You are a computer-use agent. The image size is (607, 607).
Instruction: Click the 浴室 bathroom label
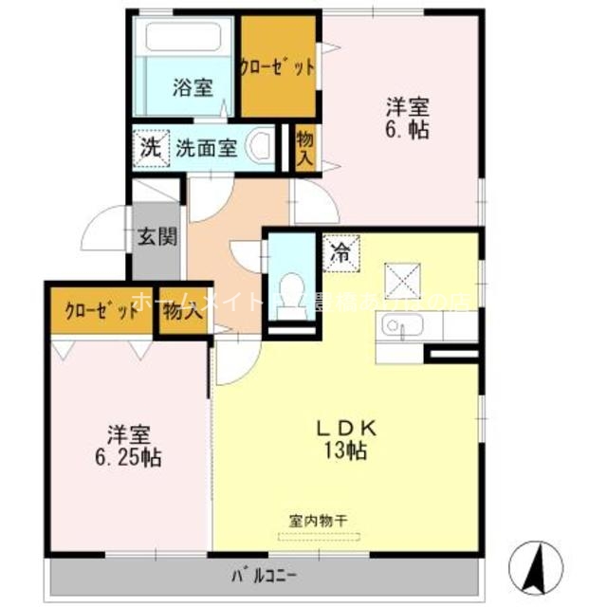click(192, 88)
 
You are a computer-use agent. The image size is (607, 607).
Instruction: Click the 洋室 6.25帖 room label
click(127, 447)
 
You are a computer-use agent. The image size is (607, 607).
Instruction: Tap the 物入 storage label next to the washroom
click(304, 148)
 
